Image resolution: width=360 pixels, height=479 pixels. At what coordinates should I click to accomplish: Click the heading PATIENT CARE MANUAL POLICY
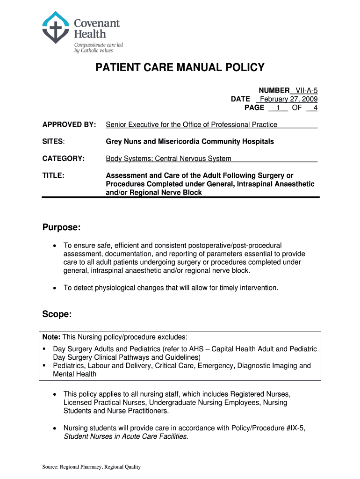pyautogui.click(x=180, y=68)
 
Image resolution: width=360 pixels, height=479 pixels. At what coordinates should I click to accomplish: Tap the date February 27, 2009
pyautogui.click(x=288, y=99)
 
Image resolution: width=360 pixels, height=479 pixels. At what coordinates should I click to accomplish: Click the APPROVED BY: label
pyautogui.click(x=69, y=124)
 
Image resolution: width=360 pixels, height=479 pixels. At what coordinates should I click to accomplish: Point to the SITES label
pyautogui.click(x=53, y=141)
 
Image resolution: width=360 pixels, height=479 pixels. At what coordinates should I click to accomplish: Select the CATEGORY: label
pyautogui.click(x=64, y=159)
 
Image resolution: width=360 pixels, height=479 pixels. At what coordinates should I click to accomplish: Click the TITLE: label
pyautogui.click(x=53, y=175)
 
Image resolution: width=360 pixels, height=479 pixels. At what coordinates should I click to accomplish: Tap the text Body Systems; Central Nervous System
pyautogui.click(x=168, y=159)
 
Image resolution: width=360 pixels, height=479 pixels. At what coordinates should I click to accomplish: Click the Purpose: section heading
pyautogui.click(x=62, y=227)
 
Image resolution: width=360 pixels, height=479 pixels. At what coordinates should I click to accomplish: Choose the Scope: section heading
pyautogui.click(x=57, y=315)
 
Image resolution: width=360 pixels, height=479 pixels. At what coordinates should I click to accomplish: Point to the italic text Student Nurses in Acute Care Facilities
pyautogui.click(x=126, y=436)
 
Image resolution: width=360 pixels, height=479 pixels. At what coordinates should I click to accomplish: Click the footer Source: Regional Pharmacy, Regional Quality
pyautogui.click(x=91, y=467)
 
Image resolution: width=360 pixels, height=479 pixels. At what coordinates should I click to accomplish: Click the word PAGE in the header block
pyautogui.click(x=254, y=108)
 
